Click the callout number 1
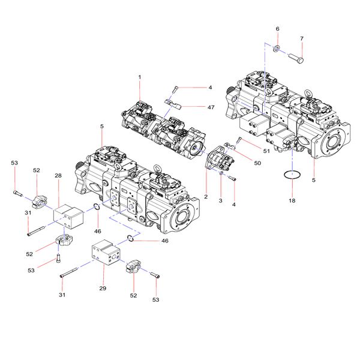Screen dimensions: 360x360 point(139,77)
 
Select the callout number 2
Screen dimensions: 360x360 point(206,197)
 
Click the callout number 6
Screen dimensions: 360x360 point(277,29)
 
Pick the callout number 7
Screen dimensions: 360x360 point(302,39)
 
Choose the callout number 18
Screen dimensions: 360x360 point(292,201)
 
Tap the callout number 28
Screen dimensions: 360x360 point(58,175)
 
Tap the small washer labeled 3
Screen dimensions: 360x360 point(221,174)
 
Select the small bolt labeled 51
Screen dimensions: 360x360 point(238,140)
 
